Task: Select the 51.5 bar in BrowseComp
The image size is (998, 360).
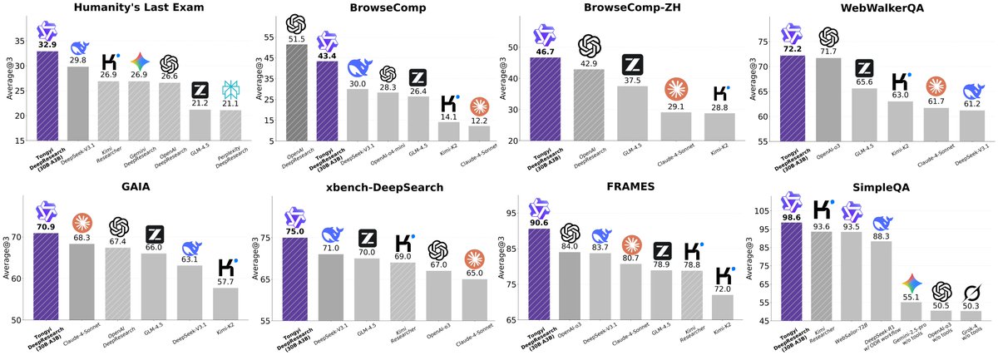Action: (x=297, y=92)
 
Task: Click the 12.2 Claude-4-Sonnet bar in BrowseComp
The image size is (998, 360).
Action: (x=478, y=133)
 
